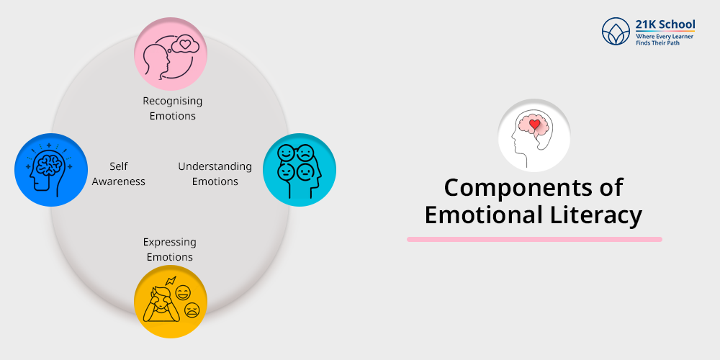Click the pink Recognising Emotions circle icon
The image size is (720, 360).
coord(171,54)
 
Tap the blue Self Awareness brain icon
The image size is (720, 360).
coord(51,170)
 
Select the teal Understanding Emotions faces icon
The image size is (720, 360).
coord(300,170)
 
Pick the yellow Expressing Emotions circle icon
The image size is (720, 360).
coord(171,302)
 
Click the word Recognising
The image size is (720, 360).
coord(172,101)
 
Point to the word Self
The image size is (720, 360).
coord(119,166)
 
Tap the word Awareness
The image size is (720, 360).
coord(119,181)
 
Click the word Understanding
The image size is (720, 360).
coord(215,166)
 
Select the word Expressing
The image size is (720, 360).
coord(169,242)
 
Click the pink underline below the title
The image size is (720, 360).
coord(534,239)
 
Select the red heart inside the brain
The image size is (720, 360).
coord(534,124)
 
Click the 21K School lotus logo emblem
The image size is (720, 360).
coord(616,31)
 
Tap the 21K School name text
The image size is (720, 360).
coord(665,24)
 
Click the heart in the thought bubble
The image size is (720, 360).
coord(184,45)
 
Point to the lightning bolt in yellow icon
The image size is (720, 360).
coord(171,281)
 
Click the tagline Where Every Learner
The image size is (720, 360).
coord(665,36)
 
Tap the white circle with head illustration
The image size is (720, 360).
coord(534,136)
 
